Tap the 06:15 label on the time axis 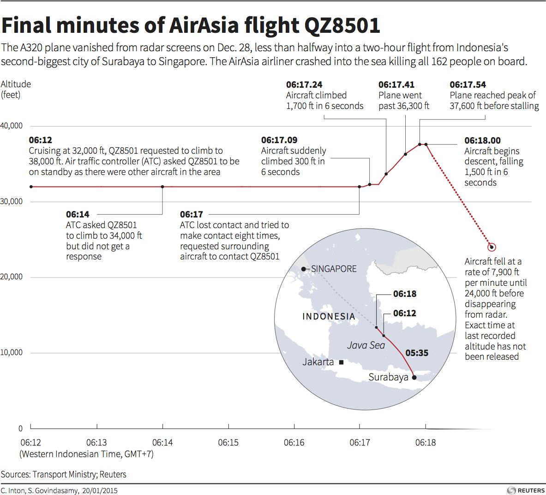tap(228, 442)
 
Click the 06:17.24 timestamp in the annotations tap(304, 85)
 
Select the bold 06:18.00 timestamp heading tap(482, 140)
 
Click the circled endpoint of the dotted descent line tap(492, 247)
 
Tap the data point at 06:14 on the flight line tap(162, 187)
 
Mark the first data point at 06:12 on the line tap(31, 187)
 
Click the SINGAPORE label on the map tap(334, 269)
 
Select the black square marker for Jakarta tap(341, 362)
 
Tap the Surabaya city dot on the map tap(414, 378)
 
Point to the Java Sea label tap(366, 345)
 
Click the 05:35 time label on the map tap(417, 353)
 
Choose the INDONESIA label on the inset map tap(329, 316)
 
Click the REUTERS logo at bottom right tap(526, 490)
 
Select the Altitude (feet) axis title tap(16, 89)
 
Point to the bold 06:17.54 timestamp tap(468, 85)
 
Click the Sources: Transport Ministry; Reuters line tap(63, 474)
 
